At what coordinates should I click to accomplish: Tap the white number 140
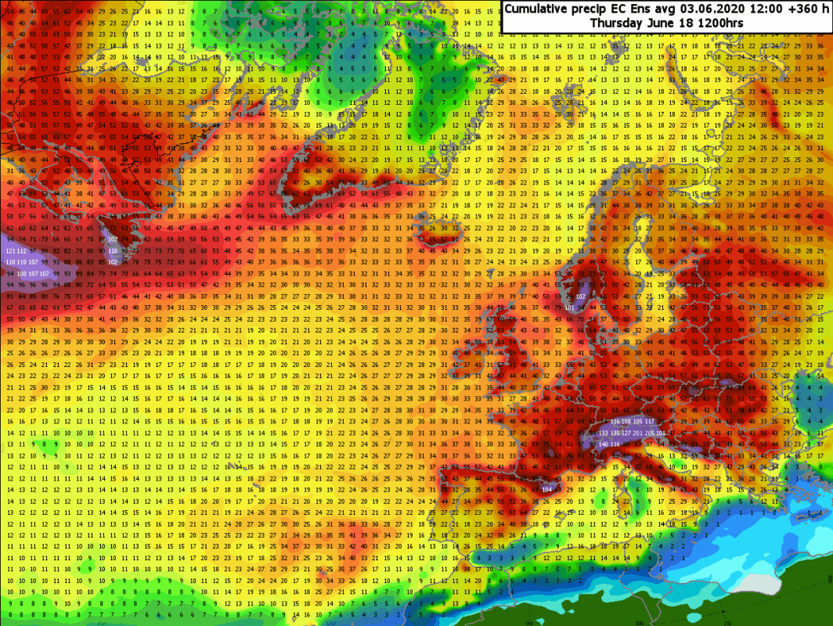pyautogui.click(x=604, y=444)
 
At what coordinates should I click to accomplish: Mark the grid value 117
pyautogui.click(x=649, y=421)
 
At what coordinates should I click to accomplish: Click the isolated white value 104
pyautogui.click(x=546, y=489)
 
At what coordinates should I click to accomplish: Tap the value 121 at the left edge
pyautogui.click(x=10, y=250)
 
